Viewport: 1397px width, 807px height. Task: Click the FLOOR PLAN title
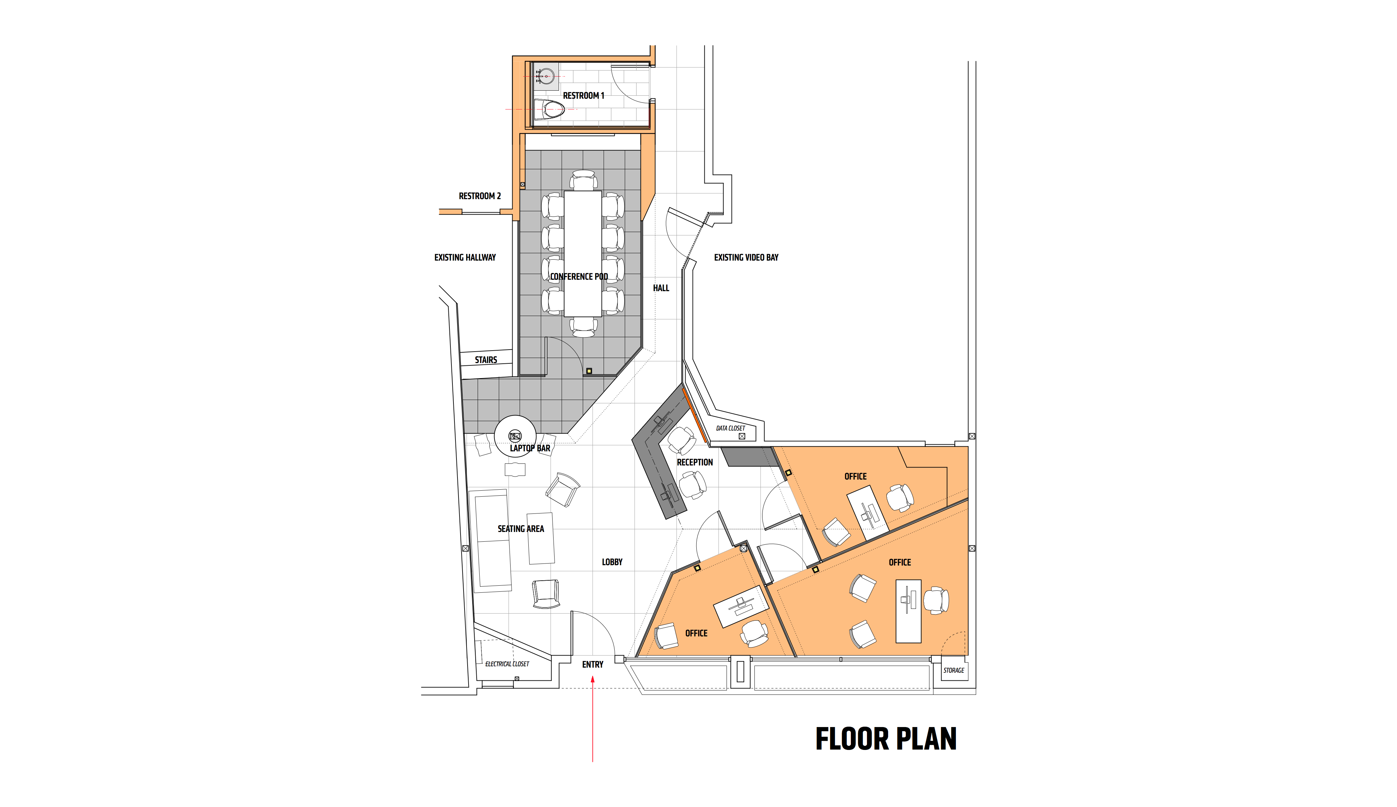click(886, 739)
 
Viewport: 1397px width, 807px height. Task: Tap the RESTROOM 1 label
click(583, 95)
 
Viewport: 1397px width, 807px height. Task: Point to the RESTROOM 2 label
click(480, 196)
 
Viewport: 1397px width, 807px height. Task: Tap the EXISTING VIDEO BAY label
click(746, 258)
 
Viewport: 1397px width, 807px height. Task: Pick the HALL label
click(661, 288)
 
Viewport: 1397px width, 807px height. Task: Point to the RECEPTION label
click(695, 462)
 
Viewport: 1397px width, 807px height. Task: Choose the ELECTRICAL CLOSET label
click(507, 664)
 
